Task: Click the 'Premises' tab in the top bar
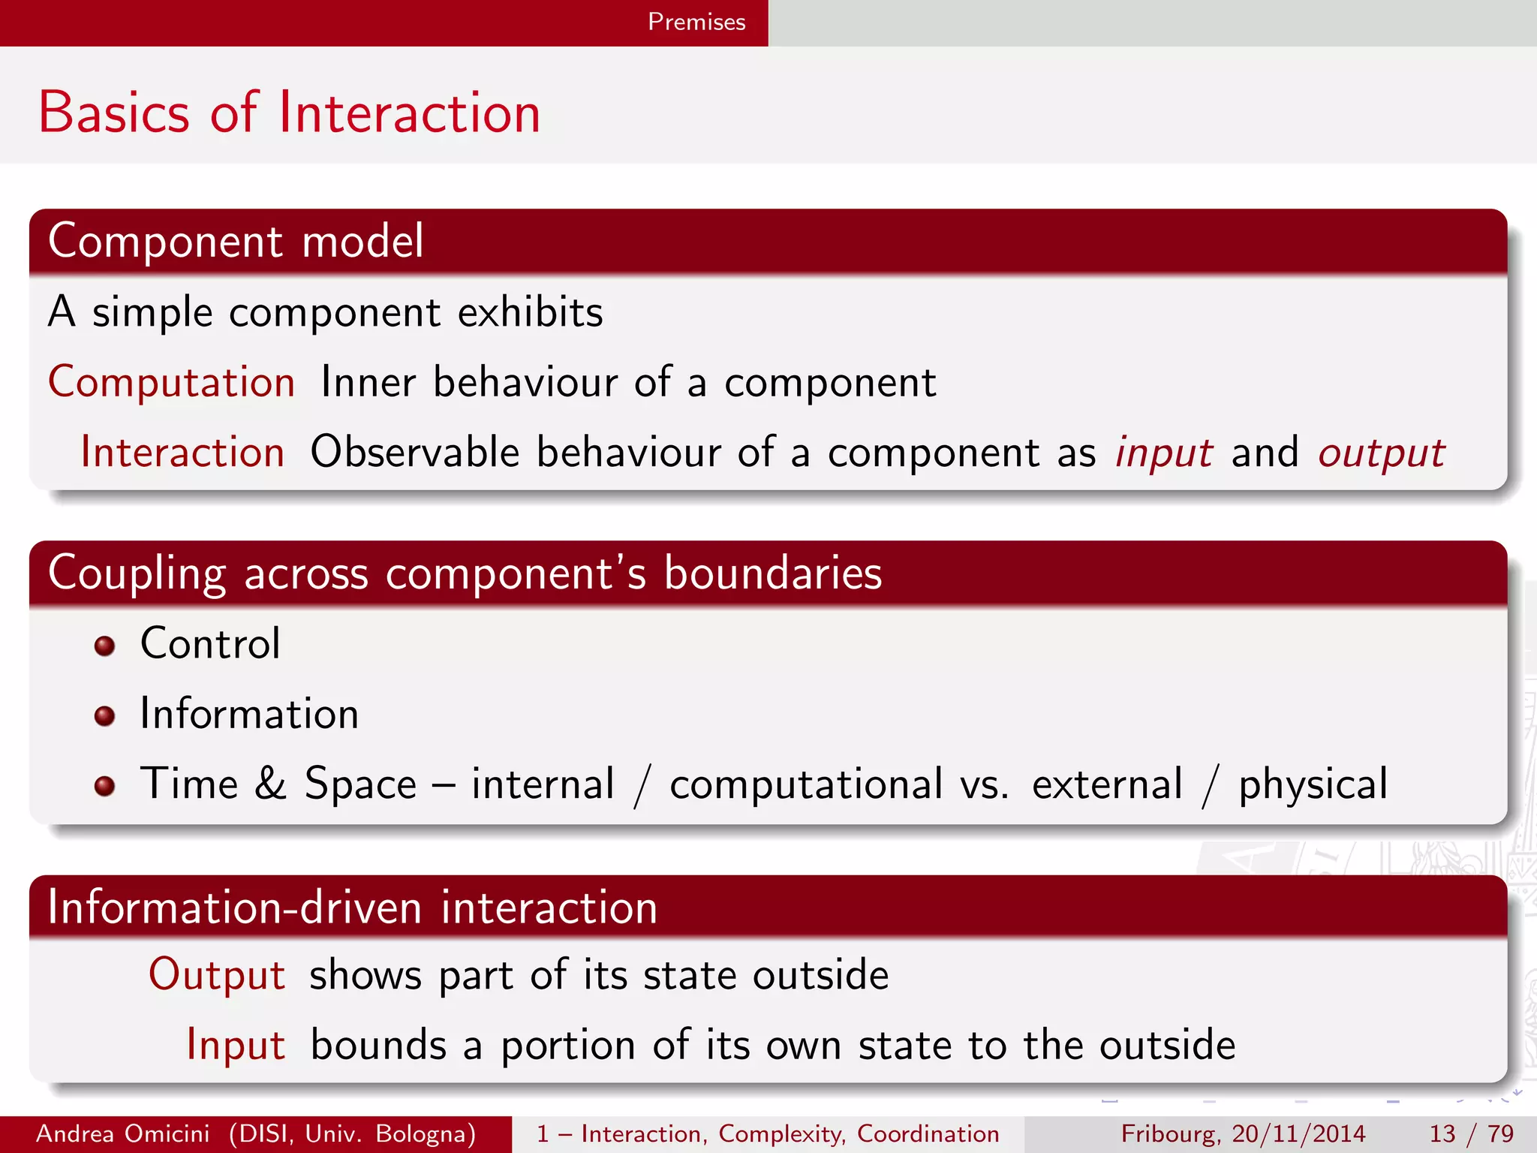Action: pyautogui.click(x=696, y=22)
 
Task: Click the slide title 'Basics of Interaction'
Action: pyautogui.click(x=290, y=113)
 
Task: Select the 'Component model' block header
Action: pyautogui.click(x=236, y=241)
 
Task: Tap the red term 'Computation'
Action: pyautogui.click(x=172, y=382)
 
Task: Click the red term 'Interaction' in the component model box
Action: pyautogui.click(x=182, y=452)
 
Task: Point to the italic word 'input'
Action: pyautogui.click(x=1163, y=453)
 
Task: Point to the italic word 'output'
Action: pyautogui.click(x=1381, y=453)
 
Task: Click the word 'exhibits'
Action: pyautogui.click(x=530, y=312)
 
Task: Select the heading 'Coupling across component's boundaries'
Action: pyautogui.click(x=465, y=573)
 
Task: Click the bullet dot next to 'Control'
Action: pyautogui.click(x=104, y=646)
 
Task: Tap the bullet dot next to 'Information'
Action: pyautogui.click(x=104, y=715)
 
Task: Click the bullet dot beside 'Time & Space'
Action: pyautogui.click(x=104, y=786)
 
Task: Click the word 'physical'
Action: pyautogui.click(x=1313, y=785)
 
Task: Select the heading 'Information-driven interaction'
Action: pyautogui.click(x=352, y=907)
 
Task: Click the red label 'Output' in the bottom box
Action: pyautogui.click(x=217, y=975)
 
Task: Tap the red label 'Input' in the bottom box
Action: pyautogui.click(x=236, y=1045)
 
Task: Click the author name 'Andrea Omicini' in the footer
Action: pyautogui.click(x=122, y=1133)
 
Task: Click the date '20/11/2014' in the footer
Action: pyautogui.click(x=1298, y=1133)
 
